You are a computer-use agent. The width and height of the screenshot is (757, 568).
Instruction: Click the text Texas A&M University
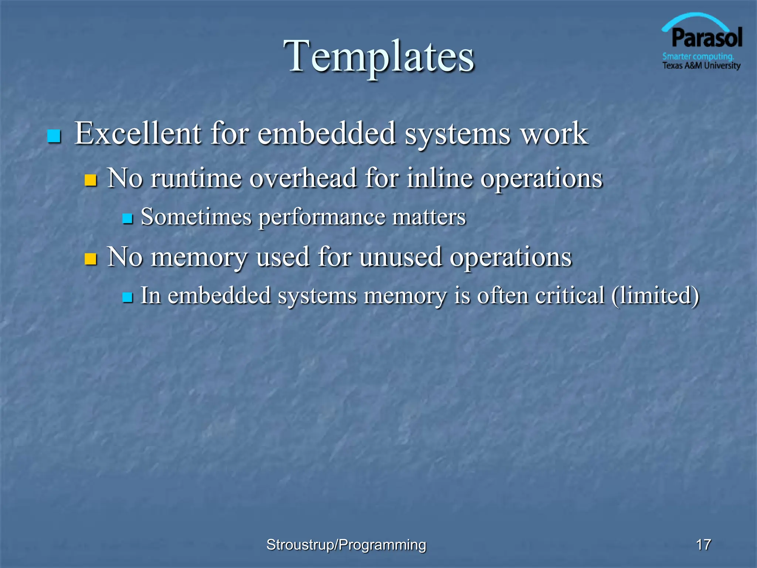coord(701,66)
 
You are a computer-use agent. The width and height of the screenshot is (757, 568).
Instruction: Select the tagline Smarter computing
coord(697,57)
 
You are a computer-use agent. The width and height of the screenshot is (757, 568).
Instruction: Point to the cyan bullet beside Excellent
coord(54,136)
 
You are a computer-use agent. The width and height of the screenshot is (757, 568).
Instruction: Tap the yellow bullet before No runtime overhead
coord(90,180)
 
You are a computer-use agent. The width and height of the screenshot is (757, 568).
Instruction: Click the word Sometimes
coord(196,217)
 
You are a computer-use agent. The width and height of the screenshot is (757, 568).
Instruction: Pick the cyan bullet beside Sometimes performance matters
coord(127,219)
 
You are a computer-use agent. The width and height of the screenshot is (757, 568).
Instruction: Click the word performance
coord(322,217)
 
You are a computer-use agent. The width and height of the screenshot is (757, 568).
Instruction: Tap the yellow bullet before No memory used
coord(90,259)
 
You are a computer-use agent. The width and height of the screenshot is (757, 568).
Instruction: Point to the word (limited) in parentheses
coord(655,295)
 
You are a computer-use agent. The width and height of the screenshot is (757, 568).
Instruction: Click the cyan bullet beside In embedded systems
coord(127,297)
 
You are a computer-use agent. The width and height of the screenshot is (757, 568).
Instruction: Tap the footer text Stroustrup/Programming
coord(346,545)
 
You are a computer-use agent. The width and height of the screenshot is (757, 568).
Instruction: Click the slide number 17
coord(703,545)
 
